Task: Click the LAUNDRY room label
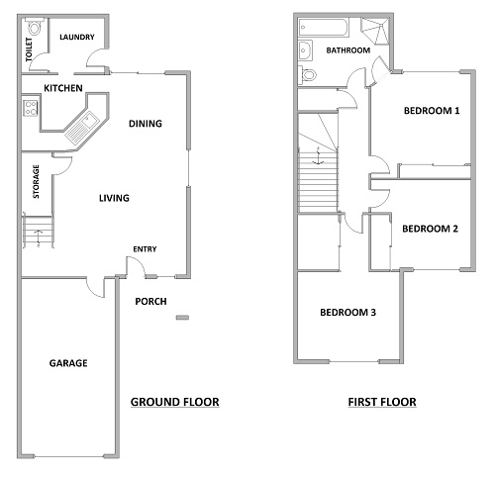tap(77, 37)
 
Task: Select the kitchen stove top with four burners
tap(31, 108)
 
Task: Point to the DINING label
tap(146, 124)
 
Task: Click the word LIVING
tap(114, 198)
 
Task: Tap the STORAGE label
tap(36, 181)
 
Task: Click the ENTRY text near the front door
tap(145, 249)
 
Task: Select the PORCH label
tap(150, 302)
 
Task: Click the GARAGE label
tap(68, 363)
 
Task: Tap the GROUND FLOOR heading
tap(175, 402)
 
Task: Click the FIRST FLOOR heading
tap(382, 402)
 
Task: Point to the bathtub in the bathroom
tap(323, 28)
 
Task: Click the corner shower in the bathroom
tap(374, 31)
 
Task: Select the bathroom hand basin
tap(305, 50)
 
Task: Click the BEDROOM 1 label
tap(432, 111)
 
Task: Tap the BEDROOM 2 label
tap(430, 229)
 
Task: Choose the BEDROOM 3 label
tap(347, 313)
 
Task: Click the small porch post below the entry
tap(182, 318)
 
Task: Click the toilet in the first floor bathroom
tap(307, 74)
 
